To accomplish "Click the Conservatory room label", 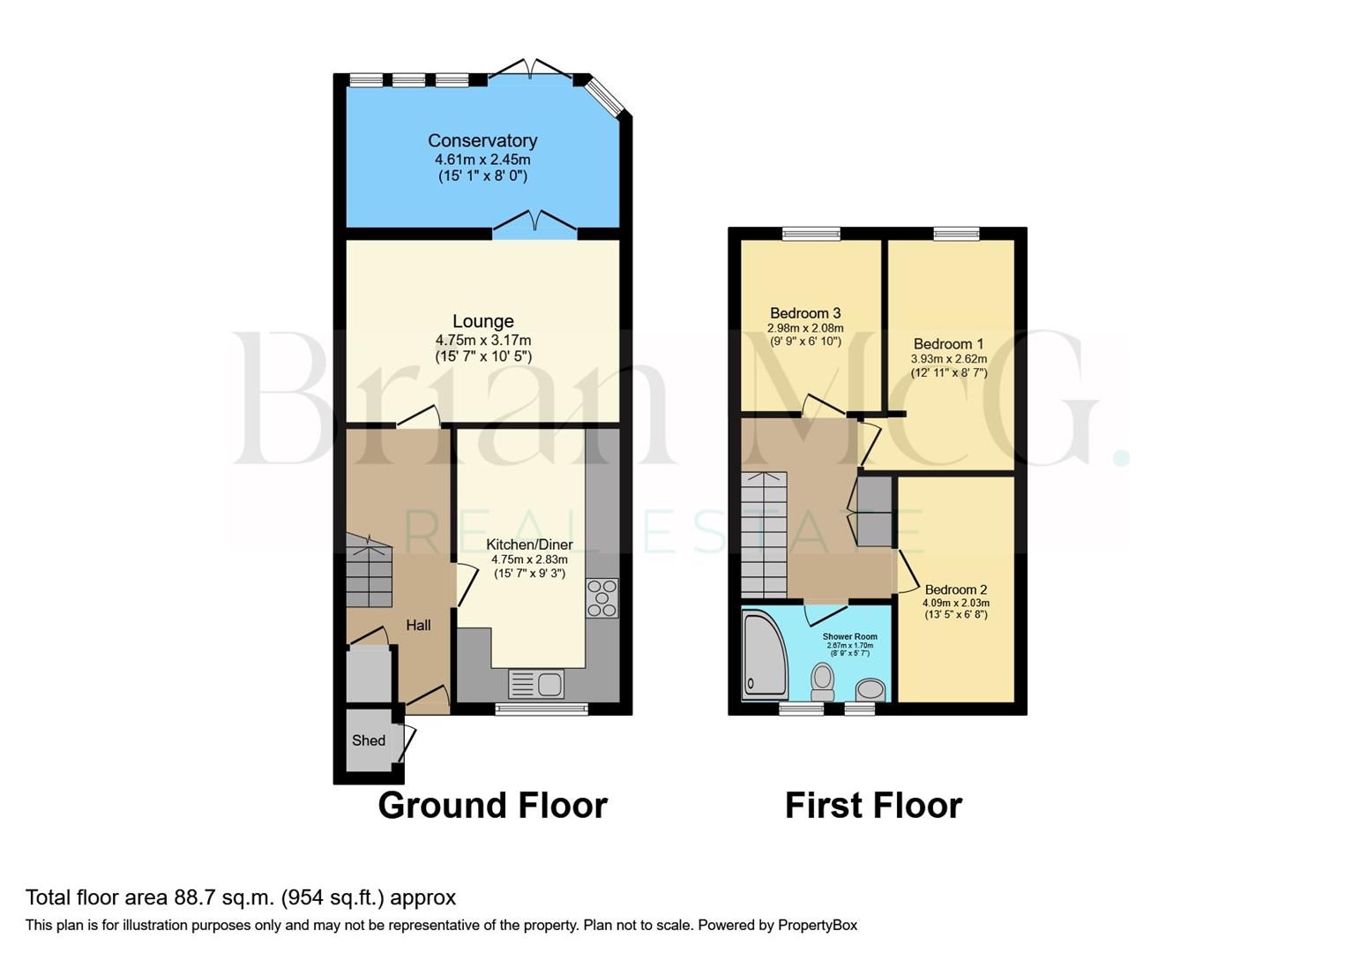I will coord(482,140).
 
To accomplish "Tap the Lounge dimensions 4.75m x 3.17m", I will coord(482,340).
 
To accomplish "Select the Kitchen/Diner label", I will coord(529,544).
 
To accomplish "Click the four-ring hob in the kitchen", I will coord(602,597).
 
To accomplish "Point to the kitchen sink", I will coord(536,684).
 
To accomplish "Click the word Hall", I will coord(418,625).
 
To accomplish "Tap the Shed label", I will coord(369,740).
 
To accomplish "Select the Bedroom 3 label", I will coord(805,313).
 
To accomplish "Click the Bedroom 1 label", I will coord(948,344).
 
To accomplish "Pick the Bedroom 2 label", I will coord(955,589).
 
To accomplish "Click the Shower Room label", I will coord(849,636).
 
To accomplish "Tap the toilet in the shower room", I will coord(823,681).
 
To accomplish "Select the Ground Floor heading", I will coord(492,806).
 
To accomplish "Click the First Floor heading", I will coord(873,806).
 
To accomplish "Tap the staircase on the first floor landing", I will coord(764,536).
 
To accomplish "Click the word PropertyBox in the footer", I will coord(817,925).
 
